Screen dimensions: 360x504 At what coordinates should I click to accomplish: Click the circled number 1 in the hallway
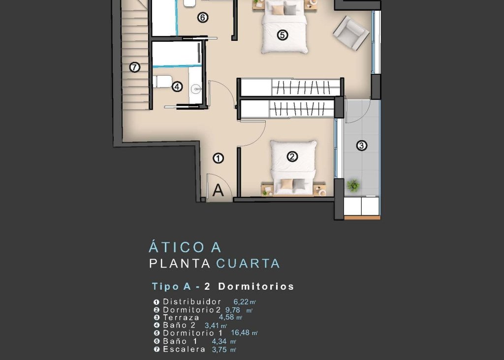pos(219,158)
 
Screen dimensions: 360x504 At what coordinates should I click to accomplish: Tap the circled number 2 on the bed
pos(292,157)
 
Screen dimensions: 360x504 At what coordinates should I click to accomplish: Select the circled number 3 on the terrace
pos(362,146)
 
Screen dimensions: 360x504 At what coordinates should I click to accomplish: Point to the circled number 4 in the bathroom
pos(177,87)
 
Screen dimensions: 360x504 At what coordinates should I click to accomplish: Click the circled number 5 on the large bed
pos(282,35)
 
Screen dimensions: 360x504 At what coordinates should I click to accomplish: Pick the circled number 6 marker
pos(202,18)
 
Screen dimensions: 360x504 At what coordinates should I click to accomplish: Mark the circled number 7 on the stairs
pos(135,67)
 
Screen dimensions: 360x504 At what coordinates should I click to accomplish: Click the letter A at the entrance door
pos(218,190)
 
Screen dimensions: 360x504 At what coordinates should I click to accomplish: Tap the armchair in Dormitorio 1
pos(351,33)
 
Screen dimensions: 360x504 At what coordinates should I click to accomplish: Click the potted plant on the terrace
pos(353,185)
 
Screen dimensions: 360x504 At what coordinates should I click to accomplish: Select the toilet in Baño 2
pos(161,81)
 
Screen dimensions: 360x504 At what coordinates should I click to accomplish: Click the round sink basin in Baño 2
pos(196,89)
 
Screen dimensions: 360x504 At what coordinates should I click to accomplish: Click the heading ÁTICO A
pos(185,246)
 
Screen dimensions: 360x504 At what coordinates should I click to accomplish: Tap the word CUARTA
pos(248,264)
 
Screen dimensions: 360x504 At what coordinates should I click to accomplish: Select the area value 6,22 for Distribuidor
pos(241,301)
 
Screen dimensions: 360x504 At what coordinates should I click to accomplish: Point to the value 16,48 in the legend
pos(241,332)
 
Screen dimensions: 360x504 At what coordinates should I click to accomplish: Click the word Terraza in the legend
pos(181,317)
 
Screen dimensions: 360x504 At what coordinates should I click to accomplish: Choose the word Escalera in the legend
pos(184,349)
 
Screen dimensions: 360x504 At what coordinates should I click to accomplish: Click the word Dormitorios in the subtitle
pos(256,286)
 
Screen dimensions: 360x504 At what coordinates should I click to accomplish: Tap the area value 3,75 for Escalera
pos(221,350)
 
